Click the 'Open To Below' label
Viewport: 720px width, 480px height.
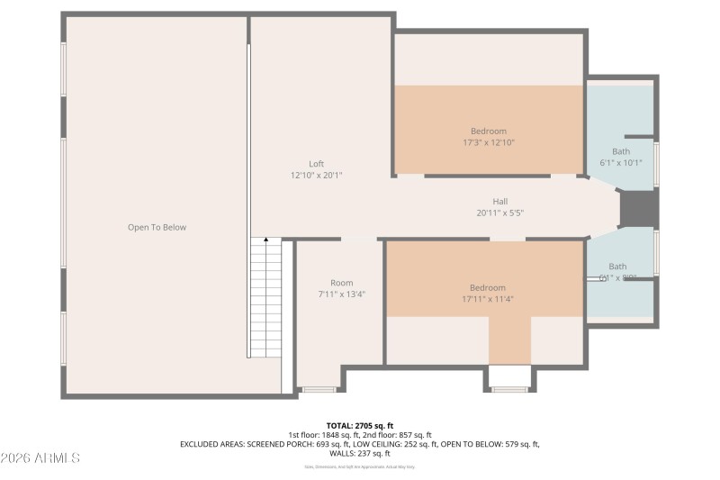[x=157, y=228]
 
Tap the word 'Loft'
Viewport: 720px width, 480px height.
[x=316, y=164]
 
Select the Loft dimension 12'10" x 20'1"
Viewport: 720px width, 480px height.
[x=316, y=176]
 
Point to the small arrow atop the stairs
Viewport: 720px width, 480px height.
[x=265, y=240]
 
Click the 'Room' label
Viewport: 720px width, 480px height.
[x=341, y=283]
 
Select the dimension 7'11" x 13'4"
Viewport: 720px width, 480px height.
[x=341, y=294]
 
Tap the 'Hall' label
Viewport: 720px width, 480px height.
[x=499, y=202]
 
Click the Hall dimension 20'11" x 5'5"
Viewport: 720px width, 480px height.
[x=499, y=213]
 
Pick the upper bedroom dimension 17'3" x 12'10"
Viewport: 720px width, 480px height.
[x=488, y=142]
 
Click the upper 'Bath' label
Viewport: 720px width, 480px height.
[x=621, y=151]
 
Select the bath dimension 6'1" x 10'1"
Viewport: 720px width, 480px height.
[x=621, y=163]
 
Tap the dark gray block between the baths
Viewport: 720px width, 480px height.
[x=639, y=209]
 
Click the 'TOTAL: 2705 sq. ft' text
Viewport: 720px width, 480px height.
[x=359, y=425]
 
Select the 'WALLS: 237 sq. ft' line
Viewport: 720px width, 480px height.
[x=359, y=453]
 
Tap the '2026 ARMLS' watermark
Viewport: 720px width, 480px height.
[x=41, y=458]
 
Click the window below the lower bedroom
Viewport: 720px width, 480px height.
[x=510, y=389]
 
